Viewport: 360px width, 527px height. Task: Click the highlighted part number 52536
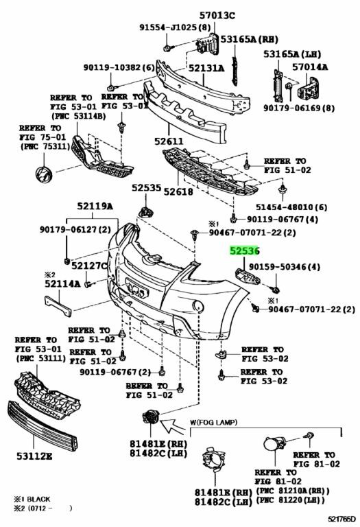245,251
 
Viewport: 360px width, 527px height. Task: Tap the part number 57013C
217,15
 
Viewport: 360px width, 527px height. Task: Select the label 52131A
206,68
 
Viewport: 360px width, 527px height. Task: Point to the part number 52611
169,141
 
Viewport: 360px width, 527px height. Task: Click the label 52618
178,191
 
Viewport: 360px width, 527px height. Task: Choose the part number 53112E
34,456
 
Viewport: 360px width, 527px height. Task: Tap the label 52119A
95,206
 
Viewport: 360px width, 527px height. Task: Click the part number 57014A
310,67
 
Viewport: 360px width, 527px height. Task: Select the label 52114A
62,284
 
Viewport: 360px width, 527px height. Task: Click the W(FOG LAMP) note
213,422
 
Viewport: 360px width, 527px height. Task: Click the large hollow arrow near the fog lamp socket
172,427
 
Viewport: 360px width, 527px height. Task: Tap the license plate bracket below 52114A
58,305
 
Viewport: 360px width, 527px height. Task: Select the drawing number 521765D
342,519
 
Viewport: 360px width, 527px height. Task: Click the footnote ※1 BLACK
32,499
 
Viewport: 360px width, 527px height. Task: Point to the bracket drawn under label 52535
146,213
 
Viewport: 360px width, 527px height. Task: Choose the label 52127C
89,266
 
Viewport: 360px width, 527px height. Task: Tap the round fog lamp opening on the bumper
197,306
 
